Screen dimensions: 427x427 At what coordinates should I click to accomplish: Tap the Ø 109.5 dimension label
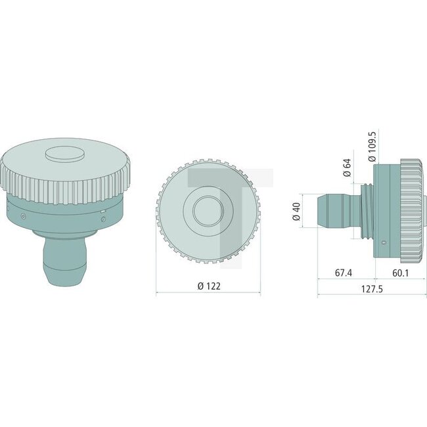pyautogui.click(x=371, y=146)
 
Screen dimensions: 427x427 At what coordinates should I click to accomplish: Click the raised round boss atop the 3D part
pyautogui.click(x=63, y=154)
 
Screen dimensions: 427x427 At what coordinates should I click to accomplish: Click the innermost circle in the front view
pyautogui.click(x=208, y=210)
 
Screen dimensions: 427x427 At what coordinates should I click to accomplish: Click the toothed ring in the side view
pyautogui.click(x=411, y=210)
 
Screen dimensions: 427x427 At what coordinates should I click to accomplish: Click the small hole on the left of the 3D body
pyautogui.click(x=24, y=214)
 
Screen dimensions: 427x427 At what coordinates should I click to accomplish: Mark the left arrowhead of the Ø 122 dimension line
pyautogui.click(x=158, y=294)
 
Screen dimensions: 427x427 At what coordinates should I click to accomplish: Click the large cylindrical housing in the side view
pyautogui.click(x=388, y=210)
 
